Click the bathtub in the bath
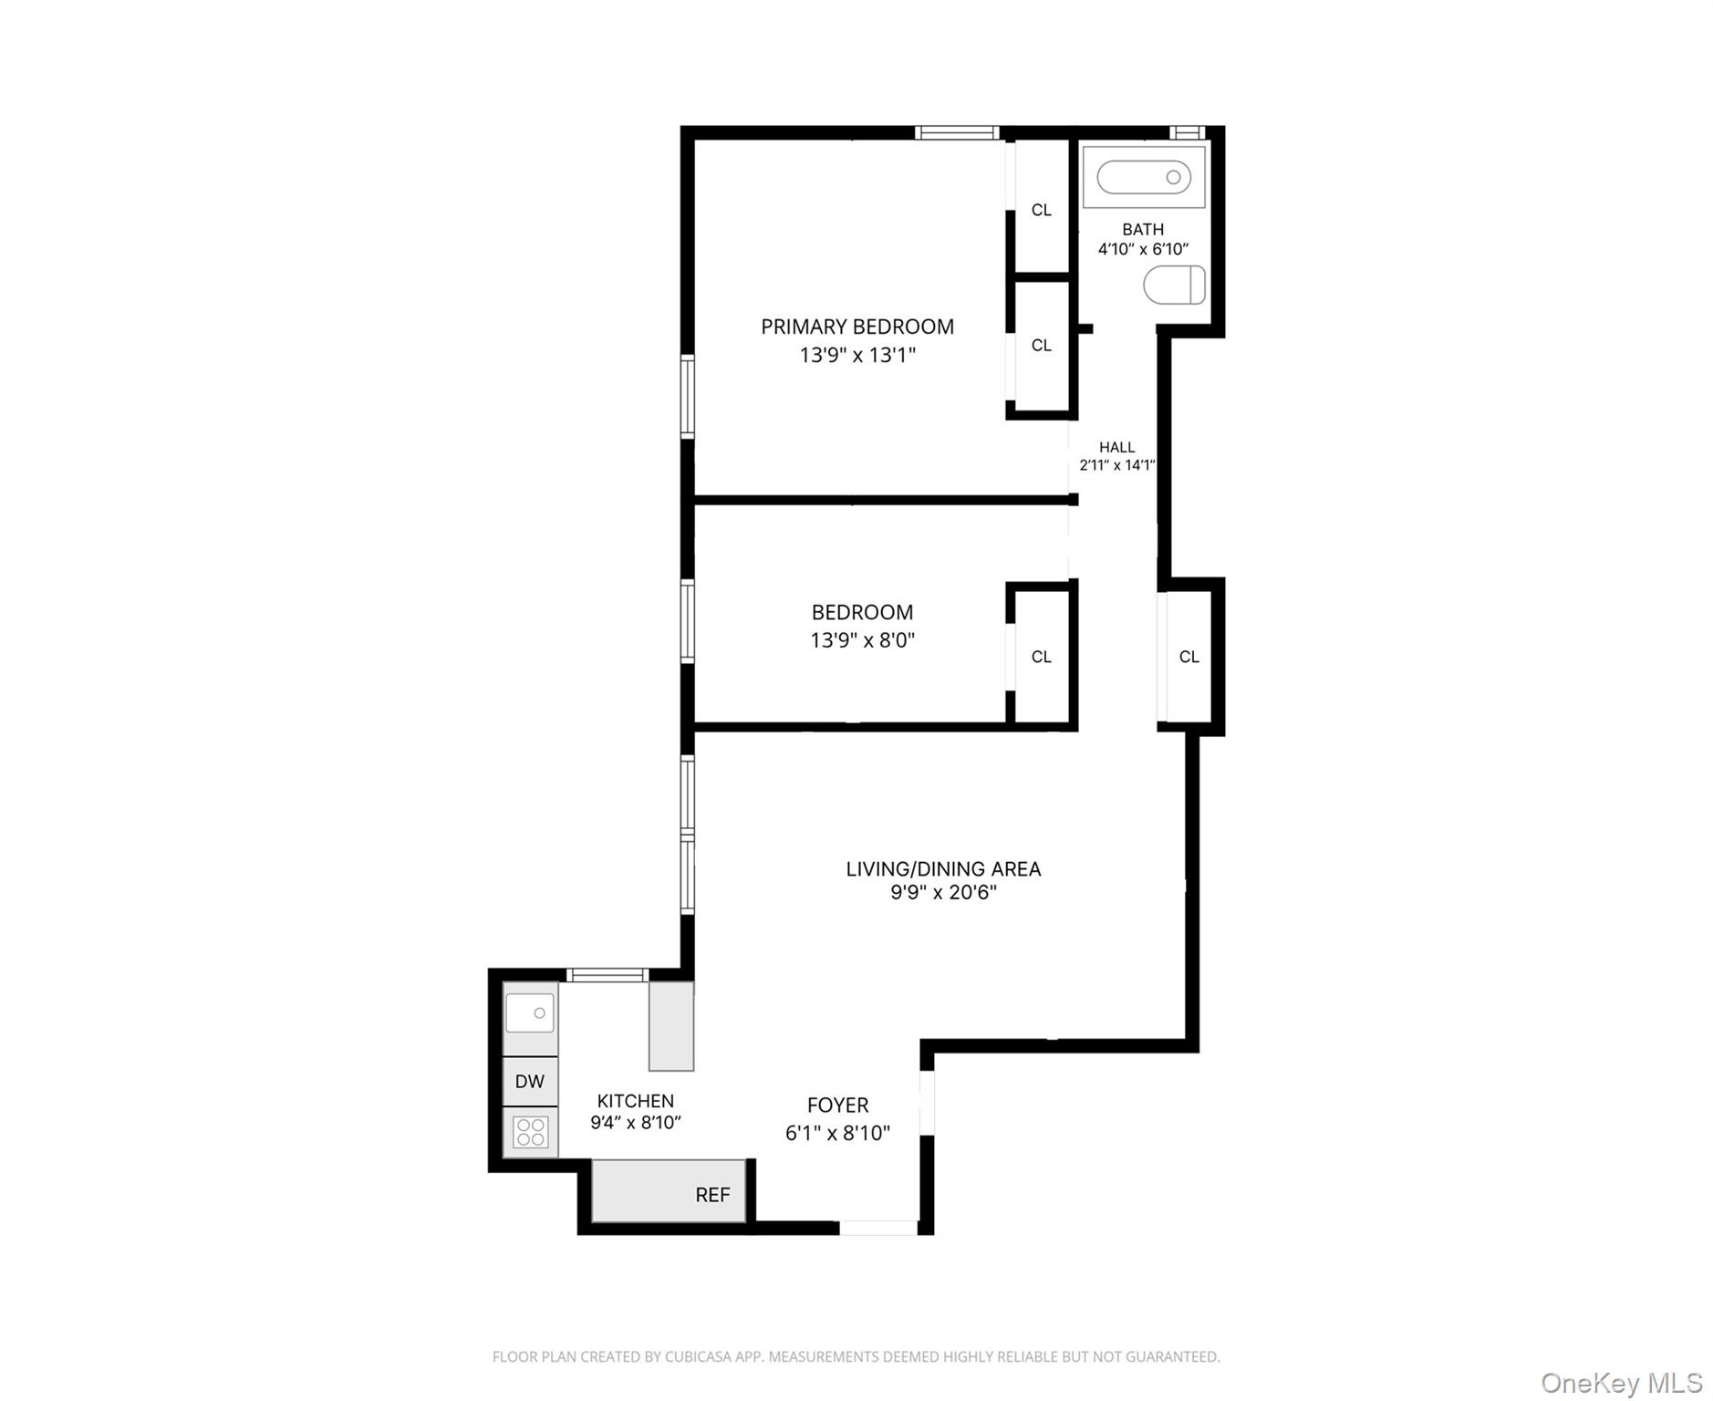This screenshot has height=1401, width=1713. [x=1143, y=177]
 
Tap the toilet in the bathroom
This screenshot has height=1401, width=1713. [x=1174, y=285]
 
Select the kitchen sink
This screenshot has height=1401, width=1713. [x=530, y=1012]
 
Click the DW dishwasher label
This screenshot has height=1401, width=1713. [x=530, y=1082]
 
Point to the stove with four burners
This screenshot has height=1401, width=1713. [x=530, y=1132]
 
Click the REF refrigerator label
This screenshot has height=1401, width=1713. [x=712, y=1195]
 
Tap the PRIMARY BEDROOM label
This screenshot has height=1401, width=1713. [x=857, y=327]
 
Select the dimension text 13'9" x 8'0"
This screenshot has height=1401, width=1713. [x=862, y=640]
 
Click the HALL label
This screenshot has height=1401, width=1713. [x=1116, y=447]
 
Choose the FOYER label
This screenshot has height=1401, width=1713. [x=837, y=1105]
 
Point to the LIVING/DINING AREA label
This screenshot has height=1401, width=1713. [x=943, y=869]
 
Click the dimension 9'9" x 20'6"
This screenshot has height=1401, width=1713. [x=943, y=892]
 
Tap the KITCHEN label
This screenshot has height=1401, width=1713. [x=635, y=1101]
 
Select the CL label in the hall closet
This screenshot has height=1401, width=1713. [x=1189, y=657]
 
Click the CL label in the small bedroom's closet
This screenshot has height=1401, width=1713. [x=1041, y=657]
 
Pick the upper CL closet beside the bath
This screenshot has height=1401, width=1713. [x=1041, y=210]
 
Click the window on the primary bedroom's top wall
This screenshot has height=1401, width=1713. [x=957, y=133]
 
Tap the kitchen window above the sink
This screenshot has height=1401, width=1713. [x=607, y=975]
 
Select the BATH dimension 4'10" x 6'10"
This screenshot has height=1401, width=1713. [x=1143, y=249]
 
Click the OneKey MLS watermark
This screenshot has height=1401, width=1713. [x=1621, y=1383]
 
